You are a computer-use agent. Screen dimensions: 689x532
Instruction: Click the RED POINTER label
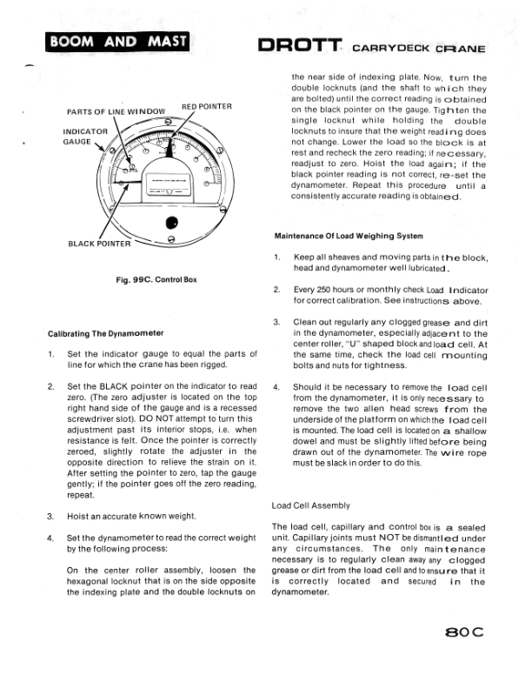point(206,107)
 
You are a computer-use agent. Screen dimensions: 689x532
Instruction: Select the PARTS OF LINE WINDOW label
point(116,112)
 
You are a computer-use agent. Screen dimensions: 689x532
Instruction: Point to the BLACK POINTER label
point(99,244)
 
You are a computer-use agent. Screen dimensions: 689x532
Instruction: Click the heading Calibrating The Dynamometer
point(106,333)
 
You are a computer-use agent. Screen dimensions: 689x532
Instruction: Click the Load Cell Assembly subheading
point(311,505)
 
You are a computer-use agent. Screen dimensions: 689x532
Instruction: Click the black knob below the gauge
point(172,222)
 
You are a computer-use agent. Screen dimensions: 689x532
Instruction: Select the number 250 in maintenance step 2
point(328,291)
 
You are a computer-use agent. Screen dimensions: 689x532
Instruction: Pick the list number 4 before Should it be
point(276,387)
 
